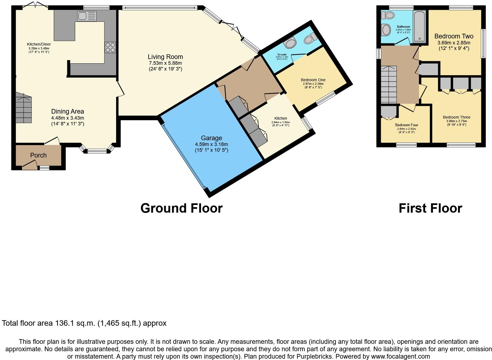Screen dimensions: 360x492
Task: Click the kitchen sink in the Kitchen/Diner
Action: (87, 16)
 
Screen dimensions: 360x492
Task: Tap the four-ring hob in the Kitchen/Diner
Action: (110, 47)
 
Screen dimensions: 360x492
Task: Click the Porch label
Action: (38, 155)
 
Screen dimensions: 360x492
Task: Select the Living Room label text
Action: (165, 57)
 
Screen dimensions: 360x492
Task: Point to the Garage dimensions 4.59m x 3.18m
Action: (211, 144)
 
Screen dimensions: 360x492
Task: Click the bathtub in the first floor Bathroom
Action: (419, 26)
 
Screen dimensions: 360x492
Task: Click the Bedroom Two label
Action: (454, 36)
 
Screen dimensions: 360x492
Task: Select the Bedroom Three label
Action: (456, 117)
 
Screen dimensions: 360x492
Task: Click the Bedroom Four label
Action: (406, 125)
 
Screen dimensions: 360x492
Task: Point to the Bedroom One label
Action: (313, 80)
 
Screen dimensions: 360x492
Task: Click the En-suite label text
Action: (282, 55)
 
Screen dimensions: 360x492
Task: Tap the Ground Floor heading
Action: (181, 208)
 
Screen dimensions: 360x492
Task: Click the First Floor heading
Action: (430, 208)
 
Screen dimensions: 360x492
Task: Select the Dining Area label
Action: (68, 111)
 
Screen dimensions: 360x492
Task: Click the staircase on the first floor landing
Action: (389, 85)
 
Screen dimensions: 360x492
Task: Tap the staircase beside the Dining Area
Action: (24, 108)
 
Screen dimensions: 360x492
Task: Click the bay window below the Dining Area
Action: (97, 150)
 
